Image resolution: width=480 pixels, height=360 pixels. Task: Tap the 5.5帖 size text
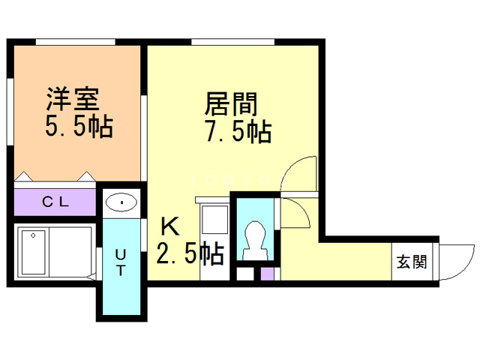[x=78, y=127]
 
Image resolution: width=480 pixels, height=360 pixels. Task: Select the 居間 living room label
[x=231, y=103]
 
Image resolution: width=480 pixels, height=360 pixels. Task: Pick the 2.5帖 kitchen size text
[x=190, y=253]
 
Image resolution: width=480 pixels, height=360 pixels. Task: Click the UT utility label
[x=121, y=264]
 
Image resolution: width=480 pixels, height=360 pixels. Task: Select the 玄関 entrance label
[x=412, y=262]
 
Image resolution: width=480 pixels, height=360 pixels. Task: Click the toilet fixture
[x=254, y=241]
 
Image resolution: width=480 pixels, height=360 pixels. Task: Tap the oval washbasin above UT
[x=120, y=202]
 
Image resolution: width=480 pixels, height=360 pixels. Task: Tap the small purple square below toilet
[x=266, y=273]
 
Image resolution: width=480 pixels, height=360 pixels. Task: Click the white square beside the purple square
[x=244, y=273]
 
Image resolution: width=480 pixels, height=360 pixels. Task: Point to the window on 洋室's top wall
[x=75, y=40]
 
